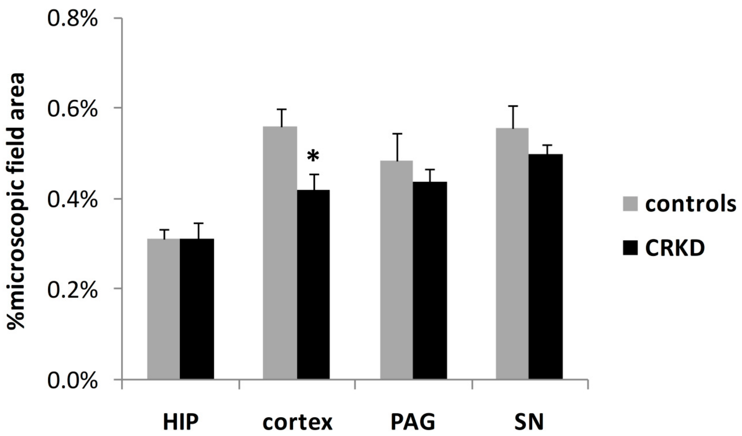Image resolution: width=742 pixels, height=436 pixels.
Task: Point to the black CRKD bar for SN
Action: (545, 266)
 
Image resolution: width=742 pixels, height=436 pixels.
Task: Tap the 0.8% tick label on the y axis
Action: (72, 19)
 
